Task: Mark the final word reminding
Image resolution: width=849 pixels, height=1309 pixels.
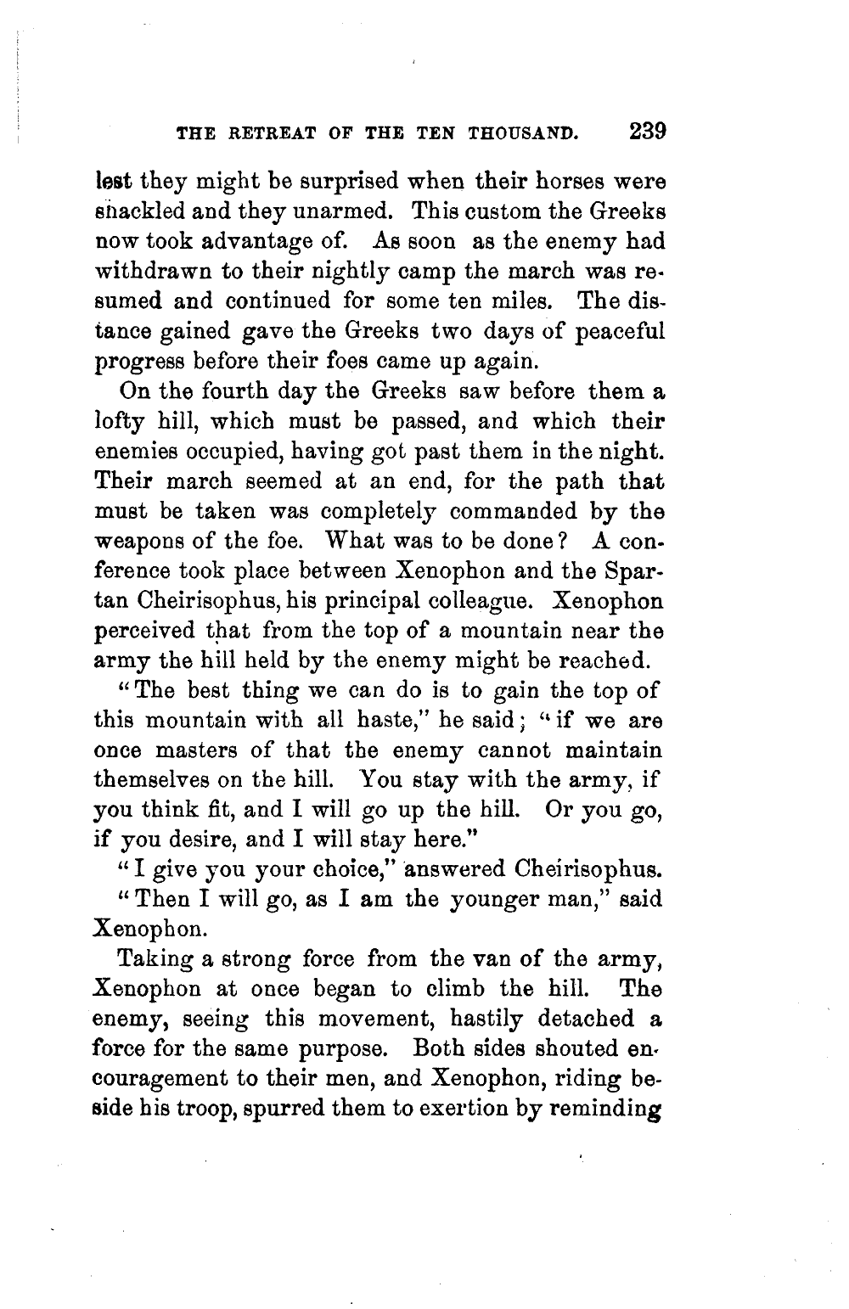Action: (597, 1107)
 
